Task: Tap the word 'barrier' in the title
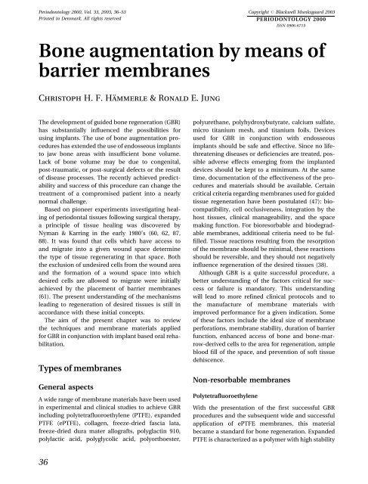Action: pos(57,78)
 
